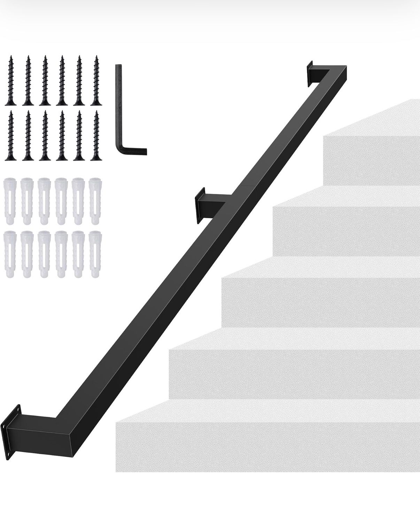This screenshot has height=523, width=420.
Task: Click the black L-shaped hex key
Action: point(119,108)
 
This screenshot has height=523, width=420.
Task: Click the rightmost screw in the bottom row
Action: point(95,135)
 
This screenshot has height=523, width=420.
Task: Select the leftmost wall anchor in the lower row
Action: point(9,255)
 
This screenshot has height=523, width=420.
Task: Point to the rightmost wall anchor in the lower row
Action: point(94,255)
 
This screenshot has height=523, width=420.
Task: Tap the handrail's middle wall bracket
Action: point(201,205)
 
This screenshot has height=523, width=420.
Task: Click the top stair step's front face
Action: point(372,160)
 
